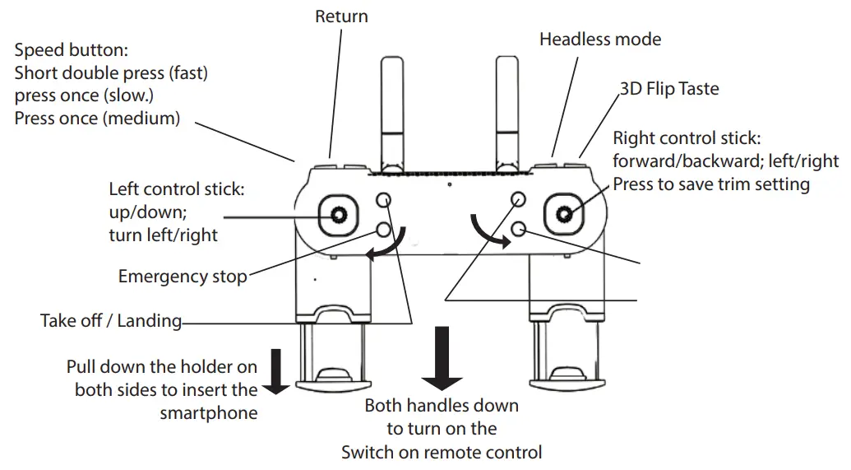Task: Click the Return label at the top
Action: pos(341,16)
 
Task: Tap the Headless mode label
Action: pos(599,39)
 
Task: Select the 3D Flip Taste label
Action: pos(669,89)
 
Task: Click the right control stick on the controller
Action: pos(564,215)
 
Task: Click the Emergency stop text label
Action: pos(182,277)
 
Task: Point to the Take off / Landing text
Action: pos(111,320)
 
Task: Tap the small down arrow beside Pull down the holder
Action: pos(276,370)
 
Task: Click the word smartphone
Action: pos(208,412)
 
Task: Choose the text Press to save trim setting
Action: pos(710,184)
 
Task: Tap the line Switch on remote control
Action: pos(442,452)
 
